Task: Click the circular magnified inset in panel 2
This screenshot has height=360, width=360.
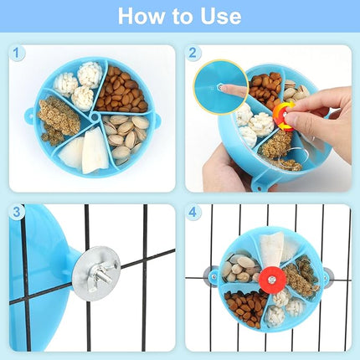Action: pyautogui.click(x=224, y=87)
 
